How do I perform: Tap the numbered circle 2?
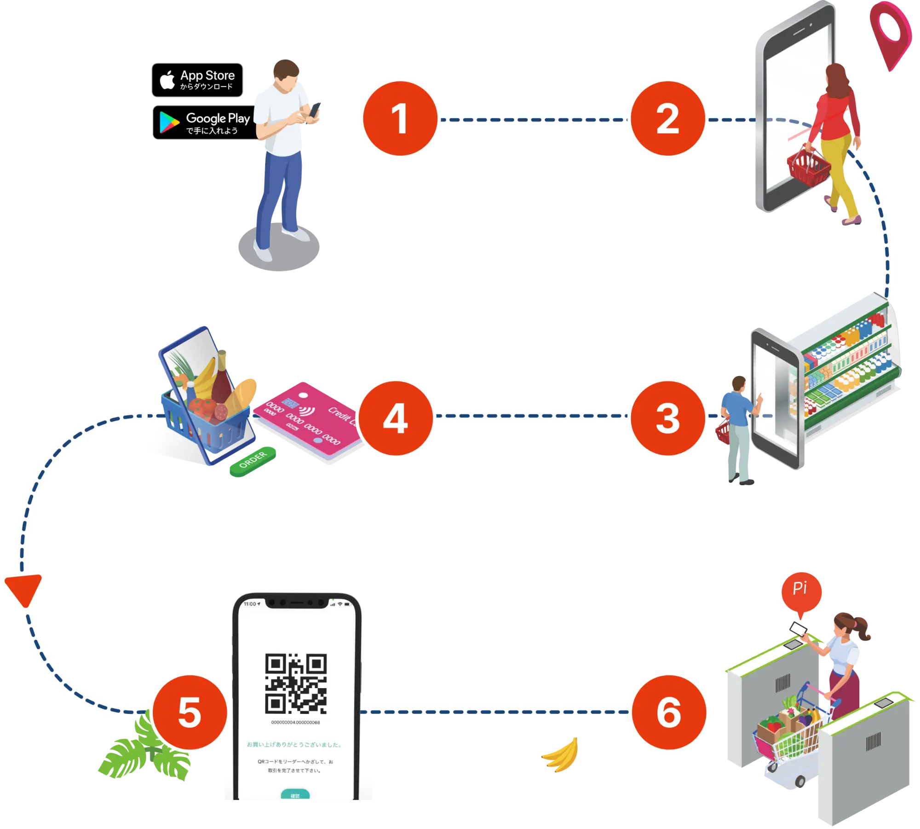click(x=667, y=119)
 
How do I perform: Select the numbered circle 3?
click(x=667, y=417)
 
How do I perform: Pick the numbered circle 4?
click(x=396, y=417)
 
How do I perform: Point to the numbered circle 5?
click(x=190, y=712)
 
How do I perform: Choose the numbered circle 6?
click(x=669, y=712)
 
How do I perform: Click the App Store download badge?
click(x=197, y=80)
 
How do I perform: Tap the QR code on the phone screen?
click(x=296, y=683)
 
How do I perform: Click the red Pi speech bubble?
click(x=801, y=591)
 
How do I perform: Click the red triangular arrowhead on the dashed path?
click(x=24, y=588)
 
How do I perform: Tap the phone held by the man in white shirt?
click(x=316, y=109)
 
